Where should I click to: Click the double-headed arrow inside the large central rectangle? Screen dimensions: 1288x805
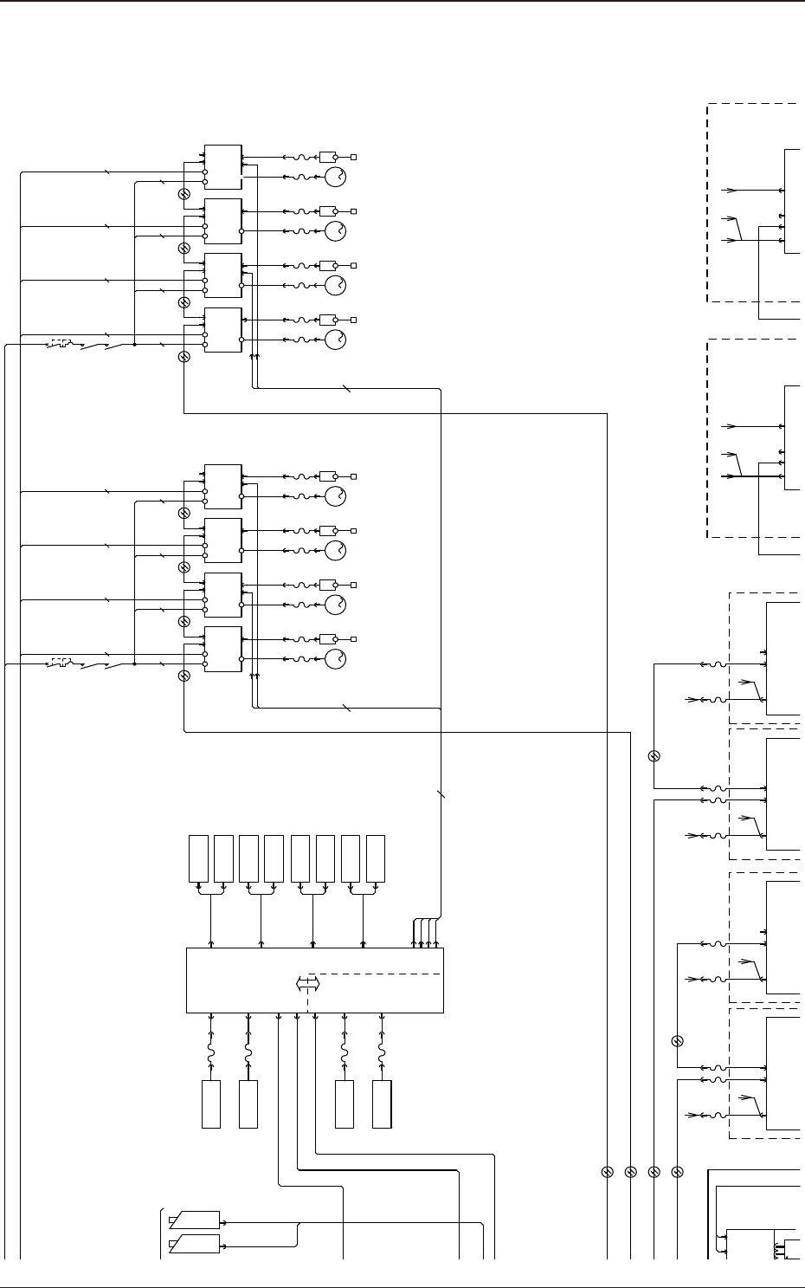coord(308,984)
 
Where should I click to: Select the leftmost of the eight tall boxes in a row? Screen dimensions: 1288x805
coord(199,858)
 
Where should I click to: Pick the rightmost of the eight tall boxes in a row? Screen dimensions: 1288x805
coord(376,858)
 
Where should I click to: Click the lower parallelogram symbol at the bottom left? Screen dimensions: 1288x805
coord(194,1246)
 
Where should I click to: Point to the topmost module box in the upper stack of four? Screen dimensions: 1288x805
coord(223,167)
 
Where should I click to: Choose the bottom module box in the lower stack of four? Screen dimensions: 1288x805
coord(223,648)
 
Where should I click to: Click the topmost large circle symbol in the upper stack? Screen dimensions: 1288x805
coord(335,178)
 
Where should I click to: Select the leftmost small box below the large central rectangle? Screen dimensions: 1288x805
coord(211,1104)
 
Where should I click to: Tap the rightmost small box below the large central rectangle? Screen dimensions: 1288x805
coord(382,1104)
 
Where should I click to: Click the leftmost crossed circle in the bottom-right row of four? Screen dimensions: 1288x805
coord(607,1172)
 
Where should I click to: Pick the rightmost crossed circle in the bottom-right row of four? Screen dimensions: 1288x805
coord(678,1172)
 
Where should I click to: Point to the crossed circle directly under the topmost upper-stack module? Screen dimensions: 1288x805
coord(184,194)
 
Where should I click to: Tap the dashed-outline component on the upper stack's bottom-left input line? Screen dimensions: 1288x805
coord(60,345)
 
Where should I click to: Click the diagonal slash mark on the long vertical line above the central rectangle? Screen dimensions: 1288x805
coord(441,793)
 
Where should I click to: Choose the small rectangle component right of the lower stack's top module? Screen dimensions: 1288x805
coord(327,476)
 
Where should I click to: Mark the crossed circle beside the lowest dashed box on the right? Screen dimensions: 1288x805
coord(678,1040)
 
